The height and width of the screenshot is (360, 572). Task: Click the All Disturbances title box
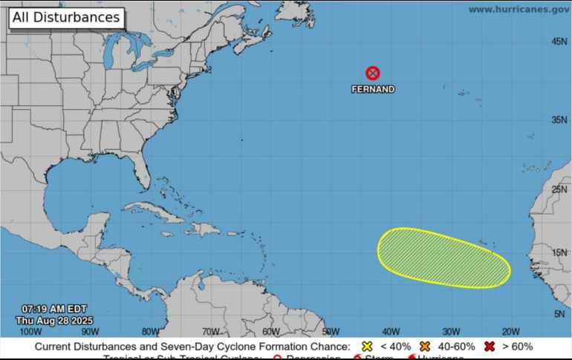[65, 17]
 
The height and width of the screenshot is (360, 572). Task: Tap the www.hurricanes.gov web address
[519, 10]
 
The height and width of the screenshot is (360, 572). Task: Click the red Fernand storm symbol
[373, 73]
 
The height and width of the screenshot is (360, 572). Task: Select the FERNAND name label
[373, 89]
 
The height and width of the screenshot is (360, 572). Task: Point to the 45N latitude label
[559, 42]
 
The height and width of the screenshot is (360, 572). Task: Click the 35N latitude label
[559, 119]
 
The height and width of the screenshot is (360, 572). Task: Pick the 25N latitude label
[559, 189]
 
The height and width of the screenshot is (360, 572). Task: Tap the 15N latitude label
[559, 253]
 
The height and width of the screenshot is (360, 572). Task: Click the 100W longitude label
[30, 332]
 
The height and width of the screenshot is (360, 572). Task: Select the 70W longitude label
[211, 332]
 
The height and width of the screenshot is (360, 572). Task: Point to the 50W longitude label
[331, 332]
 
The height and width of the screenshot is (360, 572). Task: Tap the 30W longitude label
[451, 332]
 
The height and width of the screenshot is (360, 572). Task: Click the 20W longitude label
[510, 332]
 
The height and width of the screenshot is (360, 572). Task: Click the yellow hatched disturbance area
[443, 258]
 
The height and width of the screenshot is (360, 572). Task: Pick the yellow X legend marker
[365, 347]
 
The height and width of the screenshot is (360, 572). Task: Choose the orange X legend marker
[426, 347]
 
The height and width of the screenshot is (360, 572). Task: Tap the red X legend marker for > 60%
[490, 347]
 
